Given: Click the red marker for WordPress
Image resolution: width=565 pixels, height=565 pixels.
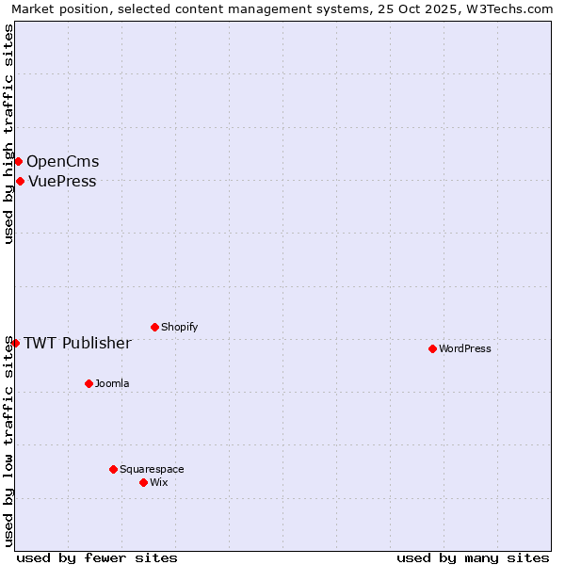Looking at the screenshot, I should pos(432,348).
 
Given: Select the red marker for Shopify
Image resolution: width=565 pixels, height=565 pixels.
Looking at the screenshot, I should pos(154,327).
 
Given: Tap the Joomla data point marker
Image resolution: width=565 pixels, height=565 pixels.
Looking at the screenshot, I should pos(89,383).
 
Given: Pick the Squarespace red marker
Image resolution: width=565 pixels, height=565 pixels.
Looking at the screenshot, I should pos(113,469).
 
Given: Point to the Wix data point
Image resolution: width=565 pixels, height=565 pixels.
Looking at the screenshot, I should pos(143,482).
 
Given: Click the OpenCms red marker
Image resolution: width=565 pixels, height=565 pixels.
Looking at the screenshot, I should pos(18,161).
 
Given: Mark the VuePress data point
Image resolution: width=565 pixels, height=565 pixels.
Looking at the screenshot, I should pos(20,181).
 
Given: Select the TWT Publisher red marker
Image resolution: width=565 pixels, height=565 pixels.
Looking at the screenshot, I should pos(15,343).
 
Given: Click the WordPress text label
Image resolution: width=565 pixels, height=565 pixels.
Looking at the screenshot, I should pos(465,348).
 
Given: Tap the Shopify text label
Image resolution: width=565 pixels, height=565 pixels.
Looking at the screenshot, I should pos(180,327).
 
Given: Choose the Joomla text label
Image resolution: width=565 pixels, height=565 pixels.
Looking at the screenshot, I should pos(112,383).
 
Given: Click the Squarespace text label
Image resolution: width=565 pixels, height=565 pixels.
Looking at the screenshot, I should pos(152,469).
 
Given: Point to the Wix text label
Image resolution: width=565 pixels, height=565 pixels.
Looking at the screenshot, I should pos(159,482).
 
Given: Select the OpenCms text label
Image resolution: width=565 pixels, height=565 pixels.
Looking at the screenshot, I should pos(62,161).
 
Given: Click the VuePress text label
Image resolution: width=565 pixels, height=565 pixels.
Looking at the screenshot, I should pos(62,181).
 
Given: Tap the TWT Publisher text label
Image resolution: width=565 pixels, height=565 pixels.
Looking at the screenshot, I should pos(77,343).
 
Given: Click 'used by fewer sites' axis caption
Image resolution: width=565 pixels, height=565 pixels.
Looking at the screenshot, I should pos(97,557).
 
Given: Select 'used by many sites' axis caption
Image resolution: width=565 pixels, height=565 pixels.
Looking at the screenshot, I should pos(473,557).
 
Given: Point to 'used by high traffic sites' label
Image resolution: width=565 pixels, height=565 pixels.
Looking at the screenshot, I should pos(9,134).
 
